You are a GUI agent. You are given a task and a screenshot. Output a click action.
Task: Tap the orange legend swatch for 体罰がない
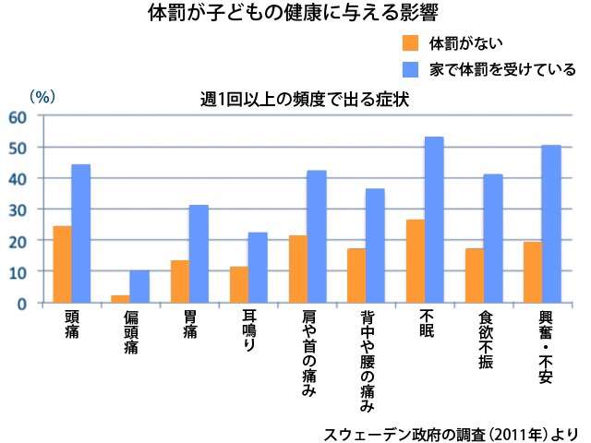[x=411, y=43]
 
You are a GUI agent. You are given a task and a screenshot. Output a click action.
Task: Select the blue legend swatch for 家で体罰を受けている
[x=411, y=69]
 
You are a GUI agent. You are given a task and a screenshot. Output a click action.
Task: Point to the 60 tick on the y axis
[x=18, y=116]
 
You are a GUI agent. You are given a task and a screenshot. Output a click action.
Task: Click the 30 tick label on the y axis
[x=18, y=210]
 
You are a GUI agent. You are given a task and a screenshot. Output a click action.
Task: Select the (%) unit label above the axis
[x=42, y=95]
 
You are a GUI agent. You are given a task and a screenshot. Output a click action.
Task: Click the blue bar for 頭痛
[x=81, y=233]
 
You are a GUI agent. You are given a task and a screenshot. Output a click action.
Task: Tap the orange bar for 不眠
[x=415, y=261]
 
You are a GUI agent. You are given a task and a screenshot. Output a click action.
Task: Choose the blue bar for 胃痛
[x=199, y=254]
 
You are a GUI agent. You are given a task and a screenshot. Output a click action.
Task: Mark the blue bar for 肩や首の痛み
[x=317, y=236]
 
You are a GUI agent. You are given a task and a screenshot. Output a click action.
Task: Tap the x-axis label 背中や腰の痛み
[x=367, y=360]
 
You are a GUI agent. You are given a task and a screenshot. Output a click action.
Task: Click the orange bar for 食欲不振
[x=474, y=275]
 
